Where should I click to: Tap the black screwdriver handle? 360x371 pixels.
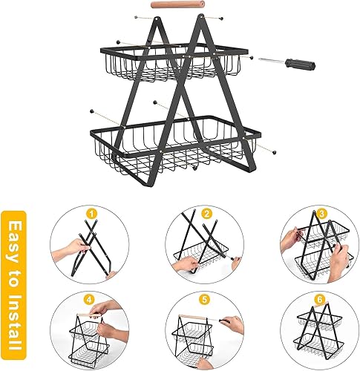[x=300, y=64]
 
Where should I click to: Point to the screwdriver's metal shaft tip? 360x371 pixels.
[x=259, y=59]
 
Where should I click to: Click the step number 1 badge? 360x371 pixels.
[x=92, y=214]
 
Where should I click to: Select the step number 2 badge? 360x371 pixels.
[x=207, y=214]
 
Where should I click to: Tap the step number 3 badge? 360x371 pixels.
[x=322, y=214]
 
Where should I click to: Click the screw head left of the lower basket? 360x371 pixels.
[x=92, y=111]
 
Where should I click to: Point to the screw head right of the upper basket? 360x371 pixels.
[x=252, y=58]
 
